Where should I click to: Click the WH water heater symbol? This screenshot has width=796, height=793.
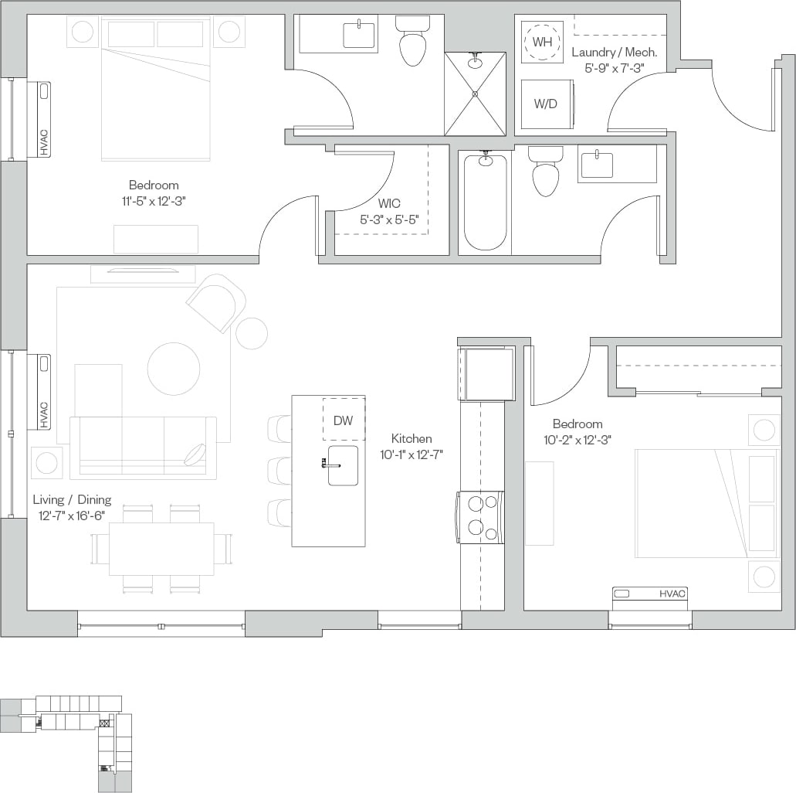(x=543, y=42)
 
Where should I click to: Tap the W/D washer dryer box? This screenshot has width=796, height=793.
(x=546, y=104)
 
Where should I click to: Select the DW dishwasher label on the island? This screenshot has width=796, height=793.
(x=344, y=420)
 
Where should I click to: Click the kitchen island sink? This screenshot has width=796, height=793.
(x=342, y=465)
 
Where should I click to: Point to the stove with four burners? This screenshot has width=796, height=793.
(x=482, y=517)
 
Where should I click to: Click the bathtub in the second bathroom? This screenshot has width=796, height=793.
(x=486, y=201)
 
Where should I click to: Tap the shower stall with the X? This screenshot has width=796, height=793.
(x=475, y=94)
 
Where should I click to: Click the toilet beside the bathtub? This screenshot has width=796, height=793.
(x=546, y=173)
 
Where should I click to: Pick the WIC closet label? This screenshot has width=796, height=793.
(x=389, y=204)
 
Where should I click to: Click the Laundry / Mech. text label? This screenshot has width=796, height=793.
(x=615, y=53)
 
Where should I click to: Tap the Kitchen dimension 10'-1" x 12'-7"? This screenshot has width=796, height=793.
(x=411, y=454)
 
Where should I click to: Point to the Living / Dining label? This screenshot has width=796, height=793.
(x=72, y=500)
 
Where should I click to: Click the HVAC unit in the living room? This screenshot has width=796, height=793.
(x=39, y=391)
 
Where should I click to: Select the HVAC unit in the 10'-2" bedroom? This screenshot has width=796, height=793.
(x=649, y=594)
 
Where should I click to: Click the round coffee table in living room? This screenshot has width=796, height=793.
(x=174, y=369)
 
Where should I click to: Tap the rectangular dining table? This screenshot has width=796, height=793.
(x=161, y=548)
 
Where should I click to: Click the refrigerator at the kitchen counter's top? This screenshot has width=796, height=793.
(x=487, y=374)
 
